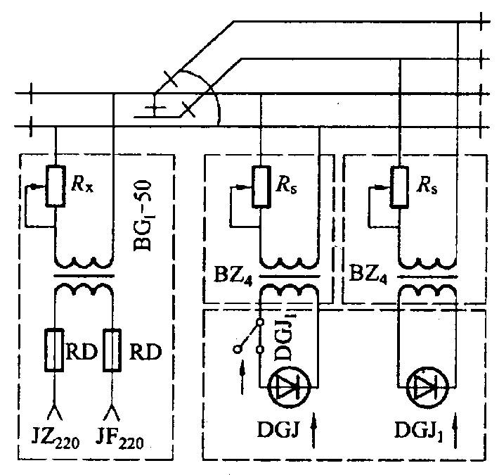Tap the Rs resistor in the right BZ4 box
[x=398, y=186]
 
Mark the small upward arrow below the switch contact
[x=244, y=370]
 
